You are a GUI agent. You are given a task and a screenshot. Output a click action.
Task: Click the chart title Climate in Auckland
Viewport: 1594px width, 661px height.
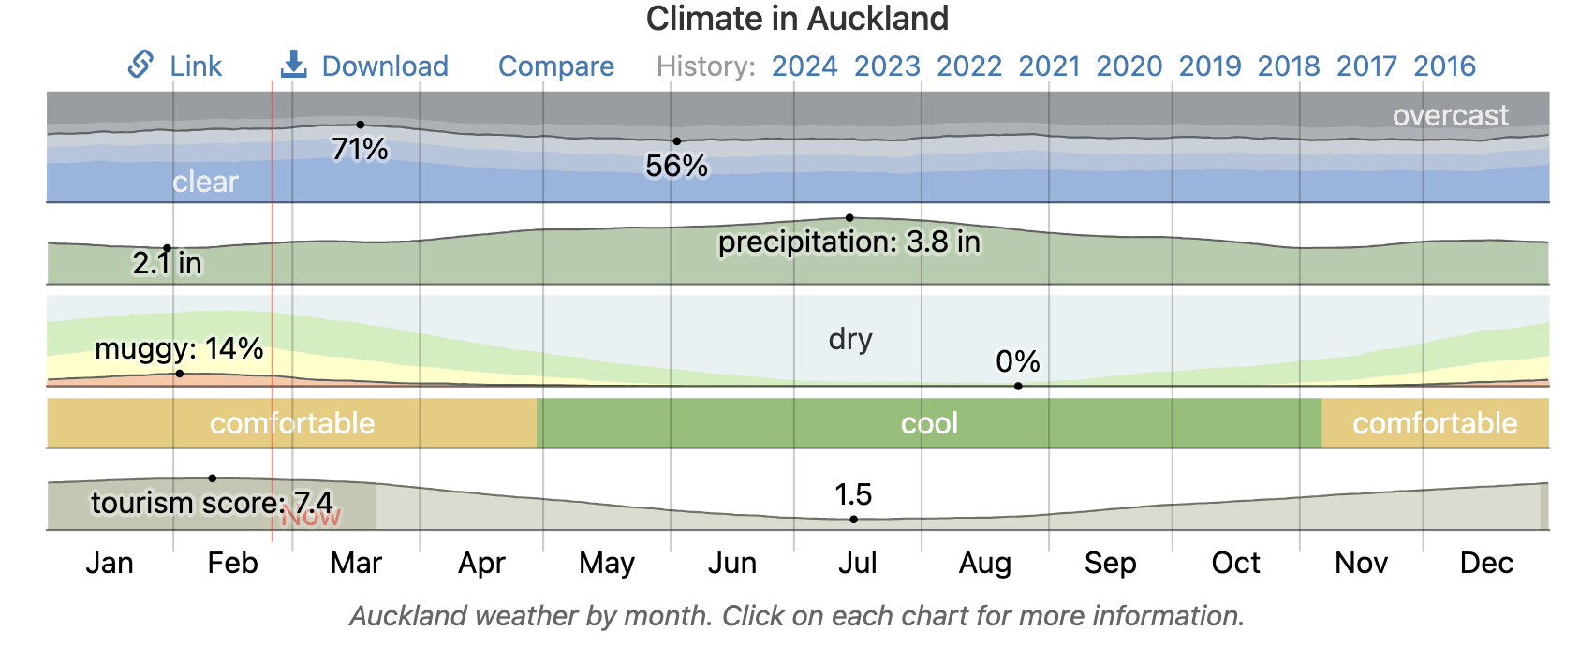coord(797,19)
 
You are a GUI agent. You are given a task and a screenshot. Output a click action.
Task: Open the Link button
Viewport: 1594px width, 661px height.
coord(175,66)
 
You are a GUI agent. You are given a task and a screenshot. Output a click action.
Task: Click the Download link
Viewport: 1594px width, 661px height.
coord(365,66)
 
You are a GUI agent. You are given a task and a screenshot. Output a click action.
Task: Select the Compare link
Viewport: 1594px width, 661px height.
coord(555,66)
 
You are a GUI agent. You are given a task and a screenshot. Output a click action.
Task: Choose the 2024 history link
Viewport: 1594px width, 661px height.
coord(804,66)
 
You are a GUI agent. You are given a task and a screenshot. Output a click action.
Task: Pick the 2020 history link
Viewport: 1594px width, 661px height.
coord(1129,66)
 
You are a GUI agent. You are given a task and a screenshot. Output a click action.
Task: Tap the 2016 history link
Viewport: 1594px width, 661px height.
coord(1444,66)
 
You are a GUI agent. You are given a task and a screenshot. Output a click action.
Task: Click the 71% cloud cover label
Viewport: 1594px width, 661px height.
coord(360,149)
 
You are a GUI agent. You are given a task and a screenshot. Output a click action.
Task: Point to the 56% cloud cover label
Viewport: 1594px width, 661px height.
coord(676,166)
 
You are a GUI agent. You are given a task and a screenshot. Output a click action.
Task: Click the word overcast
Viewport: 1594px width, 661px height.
coord(1450,115)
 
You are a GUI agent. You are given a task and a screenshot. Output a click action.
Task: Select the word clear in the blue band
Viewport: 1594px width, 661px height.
coord(205,182)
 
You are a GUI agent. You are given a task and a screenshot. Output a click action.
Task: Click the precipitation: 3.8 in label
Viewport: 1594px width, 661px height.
coord(849,242)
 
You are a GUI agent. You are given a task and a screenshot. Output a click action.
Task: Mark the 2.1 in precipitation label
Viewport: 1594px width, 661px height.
coord(167,263)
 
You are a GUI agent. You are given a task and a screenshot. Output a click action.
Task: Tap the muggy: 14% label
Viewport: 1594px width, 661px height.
coord(179,348)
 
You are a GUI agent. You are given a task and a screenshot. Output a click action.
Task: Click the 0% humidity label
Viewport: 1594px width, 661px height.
coord(1017,361)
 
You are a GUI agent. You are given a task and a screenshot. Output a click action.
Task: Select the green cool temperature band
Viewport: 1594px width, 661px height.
coord(929,423)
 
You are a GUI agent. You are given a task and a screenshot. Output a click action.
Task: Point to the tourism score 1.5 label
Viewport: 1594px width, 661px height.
coord(852,494)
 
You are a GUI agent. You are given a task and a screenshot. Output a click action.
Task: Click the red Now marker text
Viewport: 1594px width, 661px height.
coord(312,517)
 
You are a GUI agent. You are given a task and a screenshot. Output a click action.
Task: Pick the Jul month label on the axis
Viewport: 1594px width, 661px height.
coord(857,563)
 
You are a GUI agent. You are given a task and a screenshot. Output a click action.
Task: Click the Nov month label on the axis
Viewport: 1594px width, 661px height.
coord(1360,563)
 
